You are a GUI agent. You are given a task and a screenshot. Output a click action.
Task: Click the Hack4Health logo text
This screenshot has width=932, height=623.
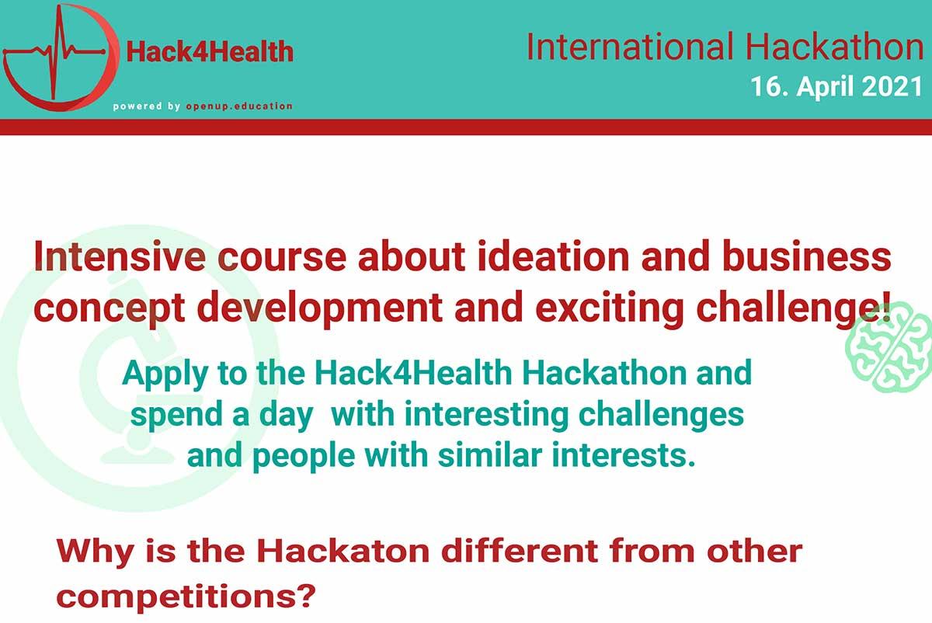coord(210,51)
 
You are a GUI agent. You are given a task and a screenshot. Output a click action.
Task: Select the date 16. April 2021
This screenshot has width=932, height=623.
coord(836,86)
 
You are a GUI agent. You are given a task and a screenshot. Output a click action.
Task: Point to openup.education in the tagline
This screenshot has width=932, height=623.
coord(239,106)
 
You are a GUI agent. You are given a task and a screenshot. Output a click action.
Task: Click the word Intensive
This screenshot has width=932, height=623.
coord(120,256)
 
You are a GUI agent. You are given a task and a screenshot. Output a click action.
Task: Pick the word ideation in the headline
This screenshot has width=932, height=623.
coord(553,256)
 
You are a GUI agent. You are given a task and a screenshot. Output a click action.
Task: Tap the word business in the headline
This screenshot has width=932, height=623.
coord(807,256)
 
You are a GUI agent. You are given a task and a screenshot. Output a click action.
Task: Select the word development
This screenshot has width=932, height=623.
coord(319,309)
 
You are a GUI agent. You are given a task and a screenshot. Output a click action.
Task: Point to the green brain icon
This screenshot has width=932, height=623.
coord(889,347)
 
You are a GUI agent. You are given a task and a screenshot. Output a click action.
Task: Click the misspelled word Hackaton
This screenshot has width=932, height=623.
coord(343,551)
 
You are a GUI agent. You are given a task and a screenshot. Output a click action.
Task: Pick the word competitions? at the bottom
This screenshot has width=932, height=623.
coord(186,597)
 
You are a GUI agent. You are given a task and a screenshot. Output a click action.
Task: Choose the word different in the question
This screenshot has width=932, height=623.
coord(520,551)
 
